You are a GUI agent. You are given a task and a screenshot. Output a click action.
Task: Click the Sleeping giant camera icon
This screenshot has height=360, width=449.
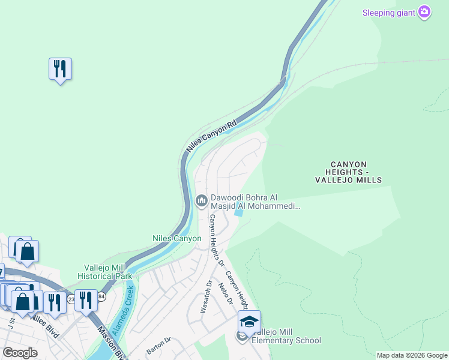point(424,11)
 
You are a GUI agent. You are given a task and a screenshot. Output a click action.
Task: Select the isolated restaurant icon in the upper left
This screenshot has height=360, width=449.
point(60,69)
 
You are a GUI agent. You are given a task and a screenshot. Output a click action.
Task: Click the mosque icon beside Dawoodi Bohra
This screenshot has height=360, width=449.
point(201,201)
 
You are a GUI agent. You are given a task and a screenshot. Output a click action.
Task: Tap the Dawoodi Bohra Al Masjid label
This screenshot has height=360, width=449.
point(255,202)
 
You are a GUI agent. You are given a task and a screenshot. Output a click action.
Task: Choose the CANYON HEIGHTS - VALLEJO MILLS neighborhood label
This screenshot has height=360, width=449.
point(348,172)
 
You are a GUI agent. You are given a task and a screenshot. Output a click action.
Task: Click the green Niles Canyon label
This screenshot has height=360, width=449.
point(176,238)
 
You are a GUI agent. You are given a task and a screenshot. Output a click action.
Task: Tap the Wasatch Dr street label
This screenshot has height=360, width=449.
point(208,296)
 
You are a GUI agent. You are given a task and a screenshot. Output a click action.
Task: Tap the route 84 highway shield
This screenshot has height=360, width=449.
point(100,298)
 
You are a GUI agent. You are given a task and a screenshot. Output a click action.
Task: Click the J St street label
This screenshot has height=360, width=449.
point(12,324)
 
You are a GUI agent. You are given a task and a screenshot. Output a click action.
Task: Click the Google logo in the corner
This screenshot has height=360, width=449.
point(20,352)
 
